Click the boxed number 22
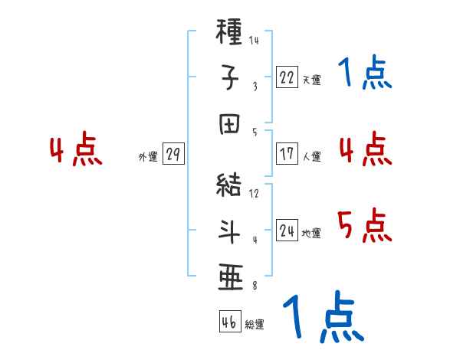[x=287, y=77]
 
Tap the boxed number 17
[x=287, y=153]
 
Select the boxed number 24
[x=287, y=230]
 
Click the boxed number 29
[x=172, y=154]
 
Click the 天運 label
[x=311, y=80]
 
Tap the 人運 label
[x=311, y=156]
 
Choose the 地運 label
[x=311, y=233]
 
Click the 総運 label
[x=255, y=324]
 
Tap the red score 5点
[x=365, y=226]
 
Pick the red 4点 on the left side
[x=75, y=150]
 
